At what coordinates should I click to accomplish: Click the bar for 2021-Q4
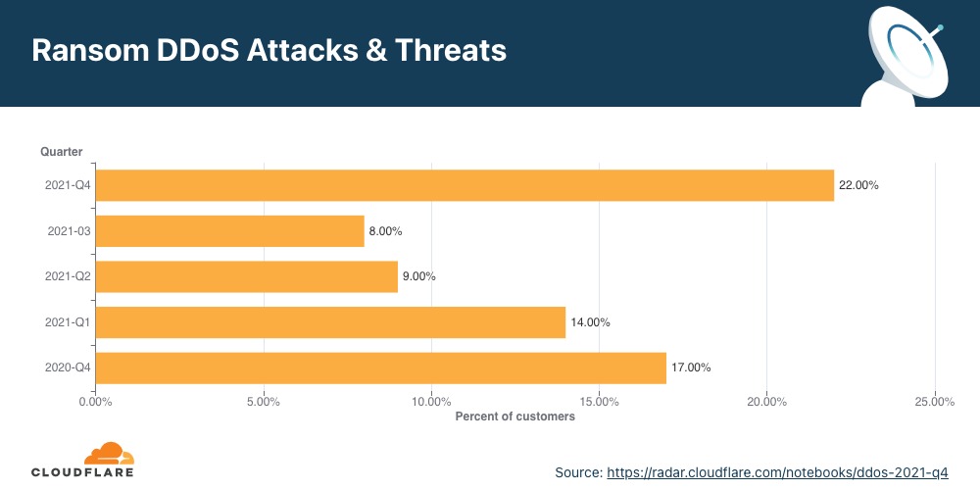[465, 185]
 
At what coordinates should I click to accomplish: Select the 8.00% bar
[229, 231]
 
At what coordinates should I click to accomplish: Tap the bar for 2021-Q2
[246, 276]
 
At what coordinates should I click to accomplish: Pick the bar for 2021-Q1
[330, 322]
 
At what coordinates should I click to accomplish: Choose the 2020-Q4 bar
[380, 367]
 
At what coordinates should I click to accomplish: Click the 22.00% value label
[858, 185]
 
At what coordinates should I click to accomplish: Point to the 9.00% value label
[418, 276]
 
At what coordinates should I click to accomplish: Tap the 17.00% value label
[691, 367]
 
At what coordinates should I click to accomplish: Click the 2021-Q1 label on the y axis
[68, 322]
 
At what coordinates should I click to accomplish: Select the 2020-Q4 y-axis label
[68, 367]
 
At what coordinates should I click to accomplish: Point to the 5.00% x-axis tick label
[264, 401]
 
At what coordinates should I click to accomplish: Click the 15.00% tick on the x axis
[600, 401]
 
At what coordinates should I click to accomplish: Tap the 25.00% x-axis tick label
[935, 401]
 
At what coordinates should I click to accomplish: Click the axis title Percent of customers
[514, 416]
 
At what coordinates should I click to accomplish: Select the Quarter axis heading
[61, 151]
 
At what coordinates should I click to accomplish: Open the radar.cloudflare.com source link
[777, 472]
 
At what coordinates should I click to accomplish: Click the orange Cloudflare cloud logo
[108, 455]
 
